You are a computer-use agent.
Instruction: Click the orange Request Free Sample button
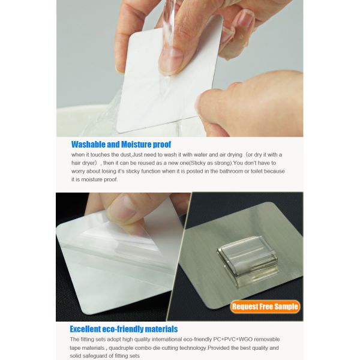click(265, 307)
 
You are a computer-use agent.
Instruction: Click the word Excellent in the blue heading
click(85, 329)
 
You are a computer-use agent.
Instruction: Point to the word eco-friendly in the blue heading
click(122, 329)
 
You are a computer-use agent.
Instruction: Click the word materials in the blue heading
click(161, 329)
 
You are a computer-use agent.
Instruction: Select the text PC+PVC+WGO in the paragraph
click(233, 339)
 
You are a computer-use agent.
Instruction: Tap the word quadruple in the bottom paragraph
click(121, 348)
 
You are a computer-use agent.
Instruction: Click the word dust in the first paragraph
click(126, 155)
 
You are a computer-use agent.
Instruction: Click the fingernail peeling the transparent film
click(122, 208)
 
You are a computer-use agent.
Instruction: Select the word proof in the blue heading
click(162, 145)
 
